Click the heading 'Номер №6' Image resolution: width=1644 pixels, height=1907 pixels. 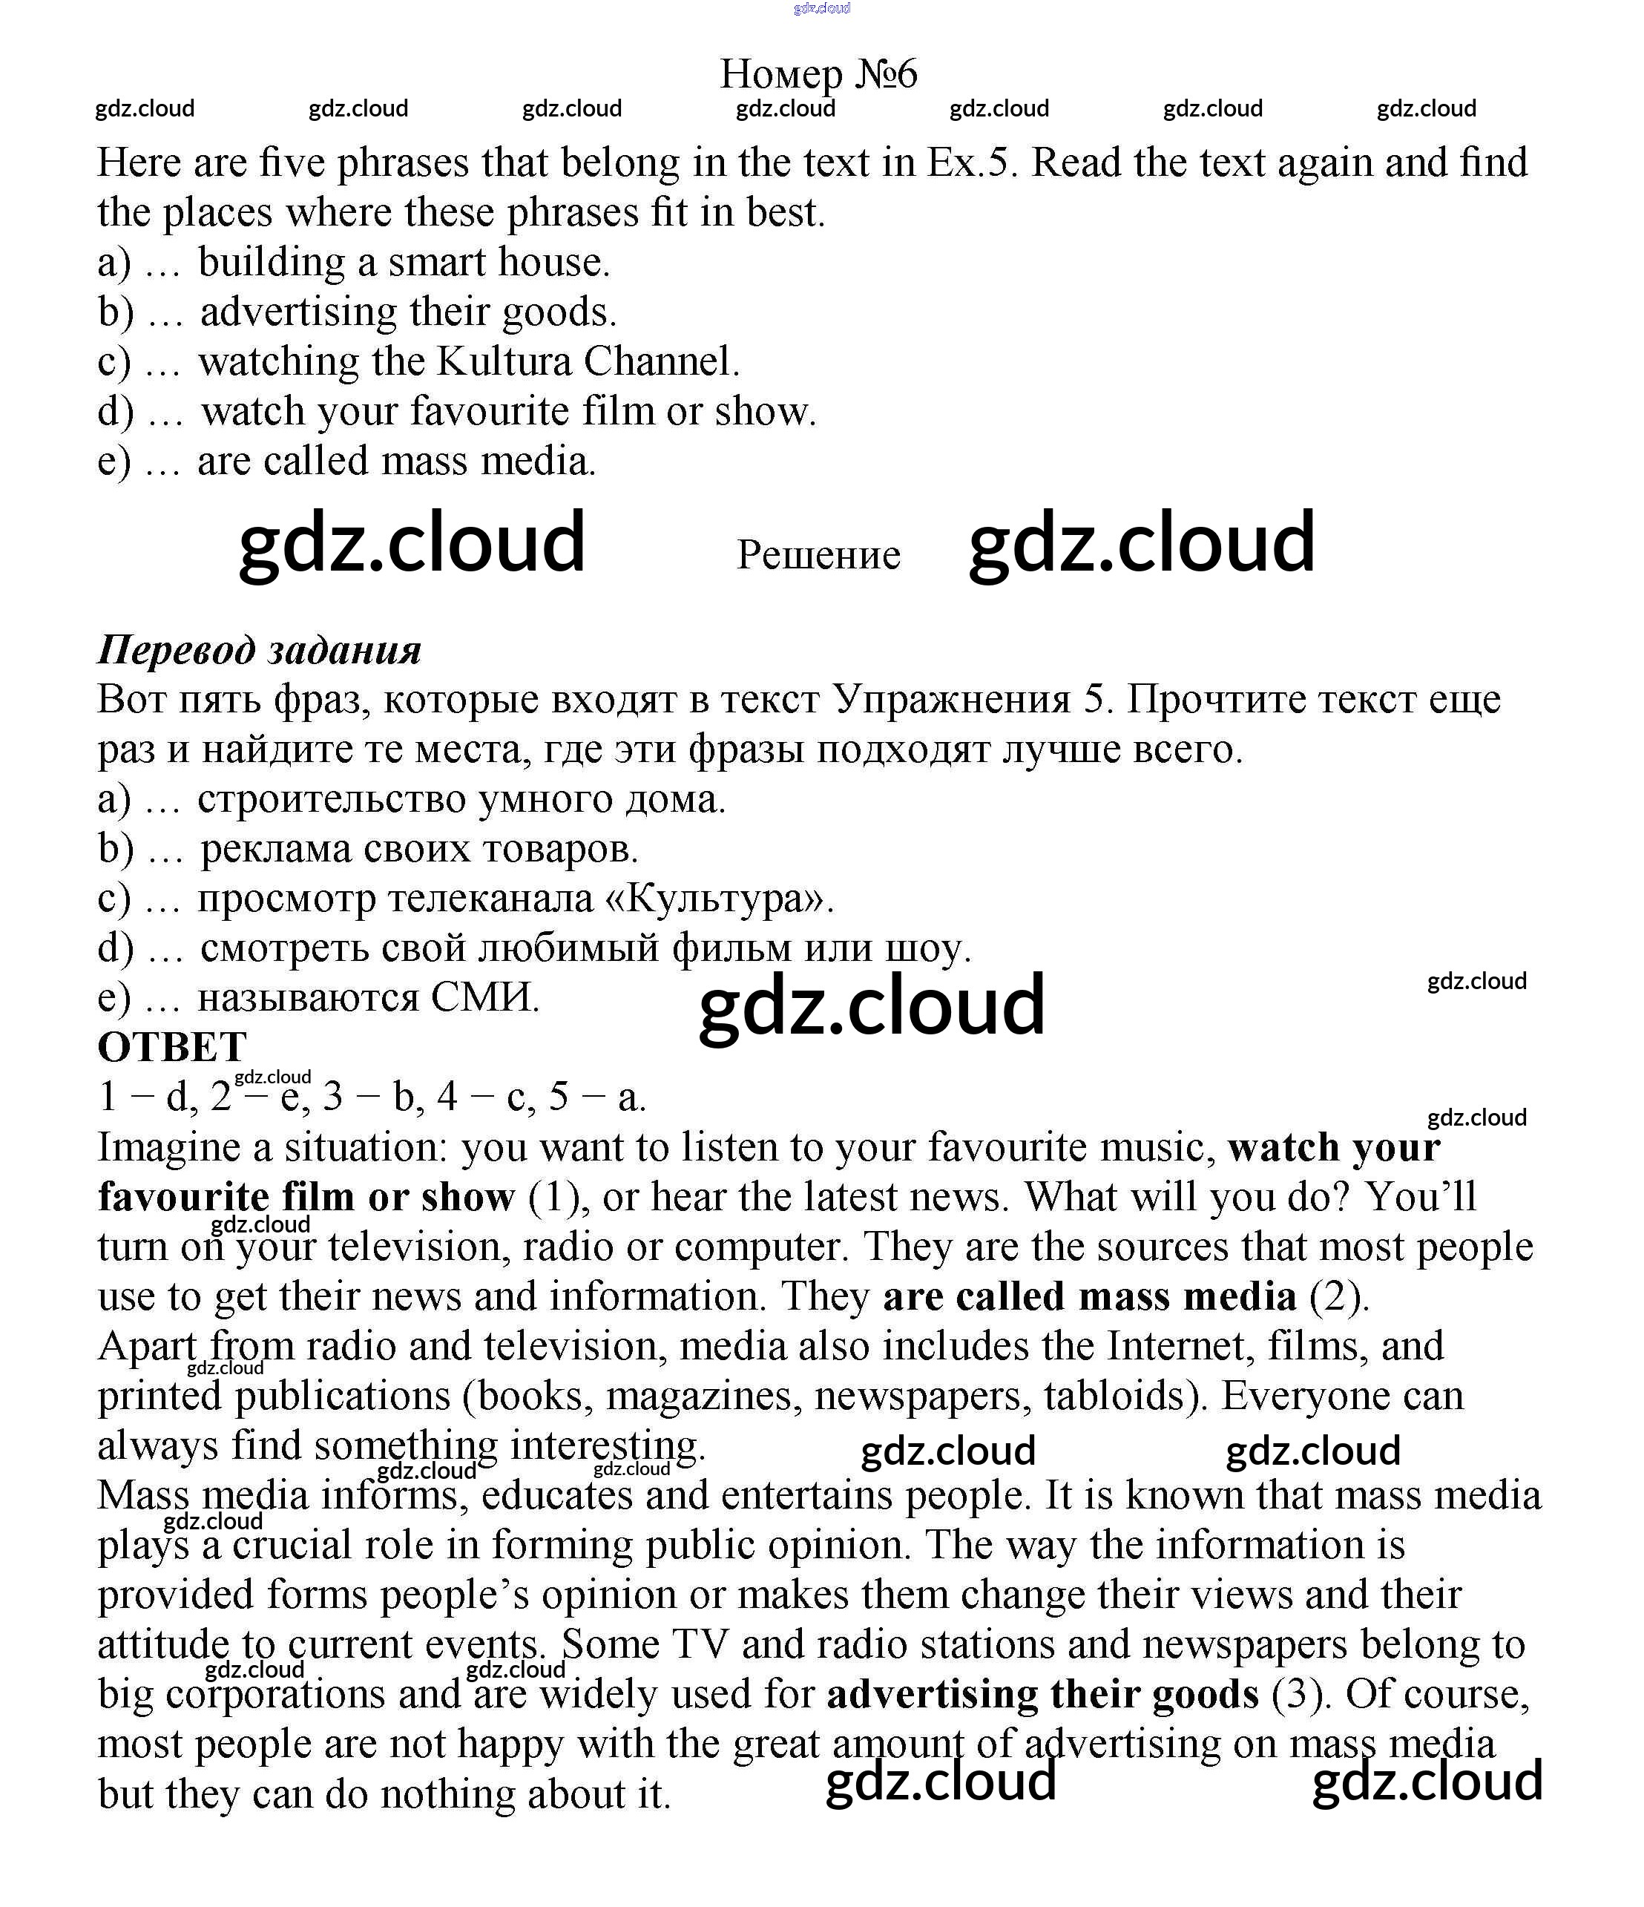coord(818,73)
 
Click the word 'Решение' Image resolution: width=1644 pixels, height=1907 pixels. coord(818,555)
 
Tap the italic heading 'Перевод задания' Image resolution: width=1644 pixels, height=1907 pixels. coord(260,651)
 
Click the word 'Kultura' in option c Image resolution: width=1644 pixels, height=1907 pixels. coord(504,361)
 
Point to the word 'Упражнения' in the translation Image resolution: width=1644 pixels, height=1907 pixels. coord(951,700)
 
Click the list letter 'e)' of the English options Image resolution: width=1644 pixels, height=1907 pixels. coord(114,461)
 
